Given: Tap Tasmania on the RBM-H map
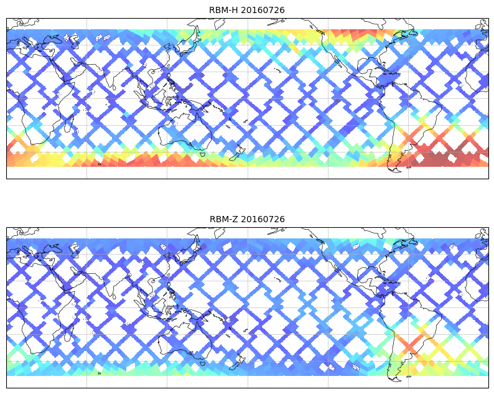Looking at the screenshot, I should pos(202,154).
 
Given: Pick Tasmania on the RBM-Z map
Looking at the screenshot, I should pos(202,363).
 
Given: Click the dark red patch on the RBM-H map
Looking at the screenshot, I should pos(445,159).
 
